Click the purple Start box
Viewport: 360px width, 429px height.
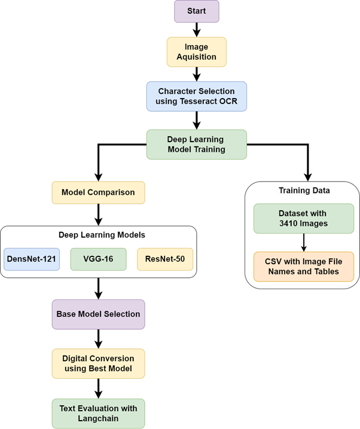[196, 11]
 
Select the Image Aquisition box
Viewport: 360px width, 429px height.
[196, 52]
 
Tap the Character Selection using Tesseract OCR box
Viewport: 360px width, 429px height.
[196, 96]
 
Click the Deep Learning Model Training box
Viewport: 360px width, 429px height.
[196, 144]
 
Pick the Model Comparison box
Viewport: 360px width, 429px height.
[98, 192]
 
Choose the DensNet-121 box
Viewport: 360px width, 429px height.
[32, 259]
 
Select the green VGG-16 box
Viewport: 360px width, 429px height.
[98, 259]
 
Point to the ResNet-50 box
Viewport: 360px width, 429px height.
[165, 259]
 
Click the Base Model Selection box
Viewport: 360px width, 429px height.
[98, 314]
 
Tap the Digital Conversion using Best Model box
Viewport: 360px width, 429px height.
[98, 364]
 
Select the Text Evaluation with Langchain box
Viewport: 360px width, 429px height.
[98, 413]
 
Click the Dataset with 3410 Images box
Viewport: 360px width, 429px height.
[304, 219]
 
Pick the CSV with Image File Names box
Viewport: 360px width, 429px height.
[304, 266]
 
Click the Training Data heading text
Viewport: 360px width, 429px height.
[304, 191]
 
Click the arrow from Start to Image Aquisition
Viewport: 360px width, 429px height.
[196, 29]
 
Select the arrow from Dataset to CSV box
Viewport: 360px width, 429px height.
[304, 242]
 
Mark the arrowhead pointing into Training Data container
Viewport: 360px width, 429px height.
[308, 177]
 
